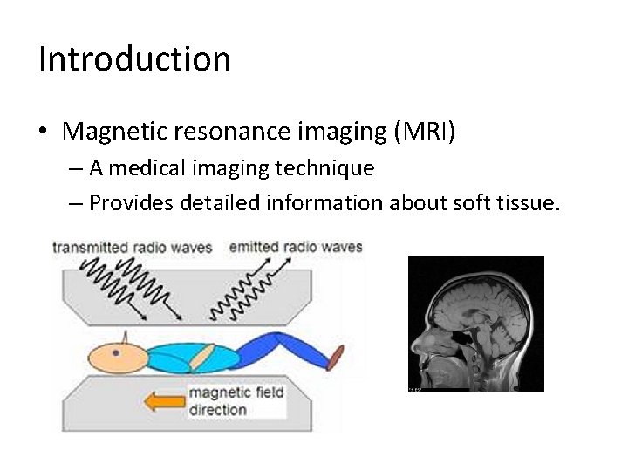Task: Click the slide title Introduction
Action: tap(134, 59)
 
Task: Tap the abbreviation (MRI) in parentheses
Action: tap(425, 132)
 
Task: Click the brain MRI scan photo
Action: tap(476, 324)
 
